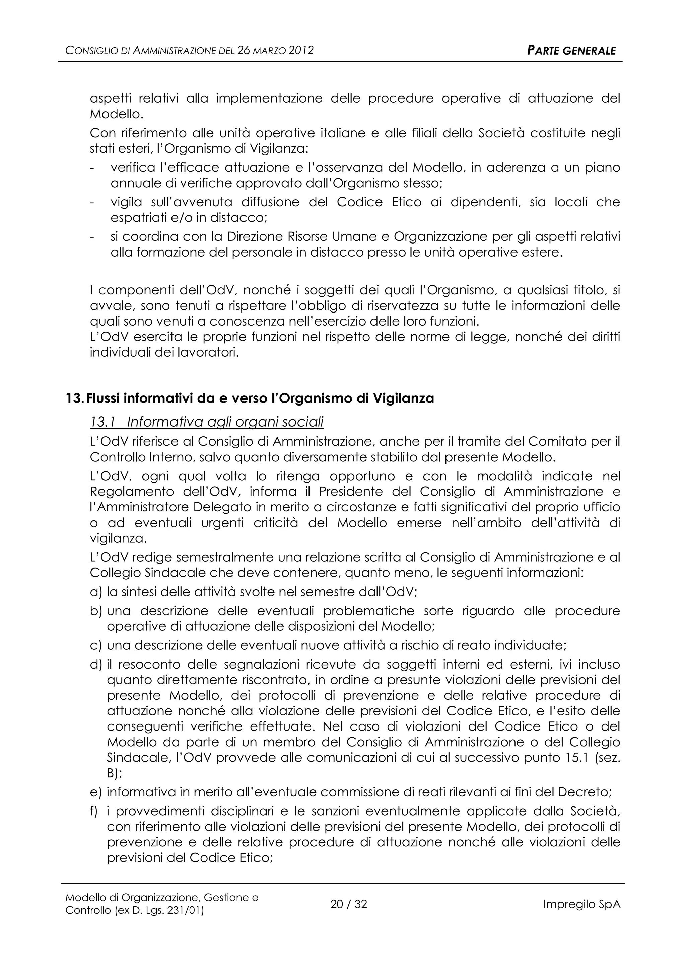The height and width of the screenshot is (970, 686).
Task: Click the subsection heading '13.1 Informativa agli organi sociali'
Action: (x=207, y=422)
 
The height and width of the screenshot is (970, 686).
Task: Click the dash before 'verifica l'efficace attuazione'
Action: (x=92, y=168)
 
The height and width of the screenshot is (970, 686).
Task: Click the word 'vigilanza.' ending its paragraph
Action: (x=112, y=539)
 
